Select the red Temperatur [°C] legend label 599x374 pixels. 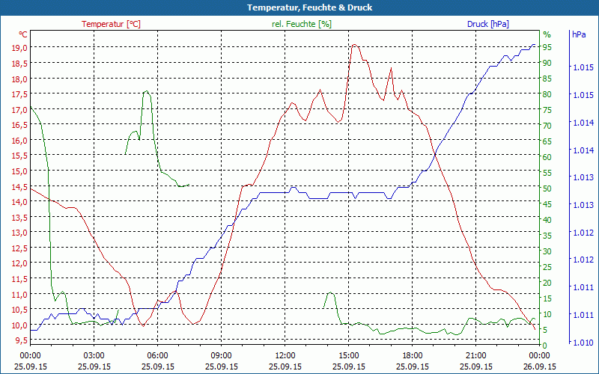point(111,24)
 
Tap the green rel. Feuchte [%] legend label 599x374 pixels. point(302,24)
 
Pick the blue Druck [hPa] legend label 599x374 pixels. point(487,24)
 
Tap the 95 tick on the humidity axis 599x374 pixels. point(547,47)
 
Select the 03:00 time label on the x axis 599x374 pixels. point(94,355)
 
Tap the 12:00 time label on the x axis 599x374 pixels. point(285,355)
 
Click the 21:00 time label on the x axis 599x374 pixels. point(476,355)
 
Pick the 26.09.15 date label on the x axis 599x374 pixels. point(540,367)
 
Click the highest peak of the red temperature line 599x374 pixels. point(354,45)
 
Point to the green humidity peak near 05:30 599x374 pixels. point(146,92)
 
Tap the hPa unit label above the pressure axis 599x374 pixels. point(579,34)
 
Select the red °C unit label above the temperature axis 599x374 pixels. point(23,34)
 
